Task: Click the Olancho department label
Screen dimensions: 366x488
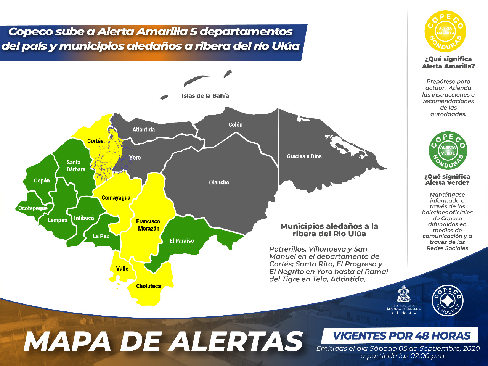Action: tap(219, 182)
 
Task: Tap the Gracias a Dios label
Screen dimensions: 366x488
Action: tap(304, 156)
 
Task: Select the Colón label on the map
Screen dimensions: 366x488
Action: tap(235, 125)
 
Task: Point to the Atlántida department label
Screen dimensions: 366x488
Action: tap(144, 129)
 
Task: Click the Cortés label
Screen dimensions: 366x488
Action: tap(95, 141)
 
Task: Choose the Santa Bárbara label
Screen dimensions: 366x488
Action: tap(76, 166)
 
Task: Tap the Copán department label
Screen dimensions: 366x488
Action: tap(42, 181)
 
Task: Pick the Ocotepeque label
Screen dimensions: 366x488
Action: tap(33, 208)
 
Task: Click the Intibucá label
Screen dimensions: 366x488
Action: tap(84, 218)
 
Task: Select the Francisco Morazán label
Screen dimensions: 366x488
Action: tap(148, 225)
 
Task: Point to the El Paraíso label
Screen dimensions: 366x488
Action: tap(182, 241)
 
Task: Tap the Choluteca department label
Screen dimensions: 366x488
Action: tap(148, 286)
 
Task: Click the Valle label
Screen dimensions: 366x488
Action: tap(122, 269)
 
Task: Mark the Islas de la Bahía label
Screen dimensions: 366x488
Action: tap(205, 96)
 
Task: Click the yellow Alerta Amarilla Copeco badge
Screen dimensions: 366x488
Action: tap(445, 31)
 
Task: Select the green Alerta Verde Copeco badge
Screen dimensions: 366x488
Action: tap(448, 150)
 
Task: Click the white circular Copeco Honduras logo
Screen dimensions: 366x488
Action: tap(448, 300)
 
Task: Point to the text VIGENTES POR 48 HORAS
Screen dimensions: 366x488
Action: tap(401, 336)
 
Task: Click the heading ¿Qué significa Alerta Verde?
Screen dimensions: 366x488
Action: tap(447, 179)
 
